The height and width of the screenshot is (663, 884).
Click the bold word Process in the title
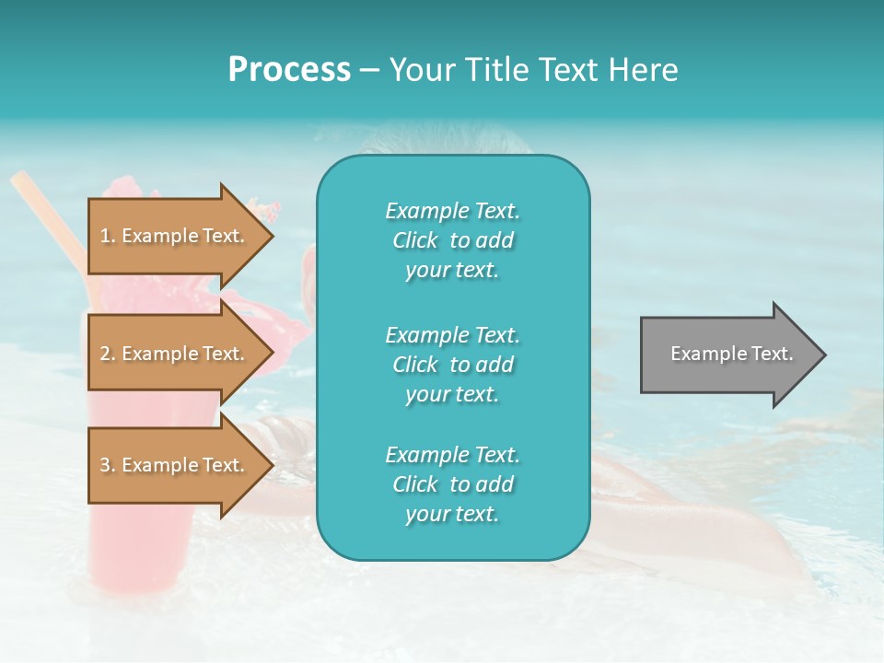pos(289,70)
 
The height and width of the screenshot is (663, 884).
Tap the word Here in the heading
pos(644,70)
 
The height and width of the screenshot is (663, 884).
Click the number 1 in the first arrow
pos(105,237)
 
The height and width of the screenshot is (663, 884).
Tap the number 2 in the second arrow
pos(105,355)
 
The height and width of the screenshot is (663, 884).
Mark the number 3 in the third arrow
pos(105,466)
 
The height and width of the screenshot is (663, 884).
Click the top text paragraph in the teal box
pos(452,240)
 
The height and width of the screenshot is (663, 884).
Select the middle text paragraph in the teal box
pos(452,365)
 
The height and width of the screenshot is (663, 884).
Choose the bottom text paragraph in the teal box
pos(452,484)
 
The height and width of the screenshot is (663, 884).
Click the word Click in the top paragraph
pos(415,241)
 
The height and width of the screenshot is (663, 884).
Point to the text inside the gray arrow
pos(731,354)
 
